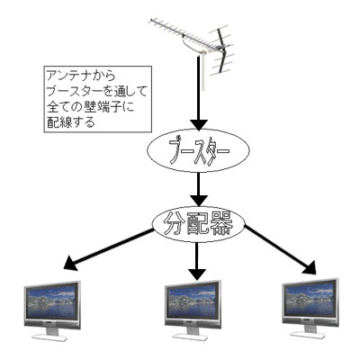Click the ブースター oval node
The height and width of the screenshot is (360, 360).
pos(198,151)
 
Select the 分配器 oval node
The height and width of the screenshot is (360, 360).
pos(199,224)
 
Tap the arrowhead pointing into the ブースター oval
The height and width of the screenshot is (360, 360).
pos(198,124)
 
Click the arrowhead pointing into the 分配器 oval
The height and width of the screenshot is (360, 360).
pos(198,201)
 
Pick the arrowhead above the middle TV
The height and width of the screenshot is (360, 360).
pos(197,274)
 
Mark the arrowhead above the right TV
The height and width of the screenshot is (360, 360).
pos(310,266)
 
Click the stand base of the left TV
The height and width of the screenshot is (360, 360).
pos(49,337)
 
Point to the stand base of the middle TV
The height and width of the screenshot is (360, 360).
pos(191,337)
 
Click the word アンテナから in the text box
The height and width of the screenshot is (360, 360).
pos(80,76)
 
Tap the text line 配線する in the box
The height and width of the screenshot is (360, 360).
pos(71,122)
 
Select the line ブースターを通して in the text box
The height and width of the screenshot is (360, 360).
pos(97,91)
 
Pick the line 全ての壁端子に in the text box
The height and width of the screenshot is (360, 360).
pos(90,106)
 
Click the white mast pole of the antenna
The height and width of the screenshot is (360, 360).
pos(203,73)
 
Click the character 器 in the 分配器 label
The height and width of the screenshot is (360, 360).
pos(220,224)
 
